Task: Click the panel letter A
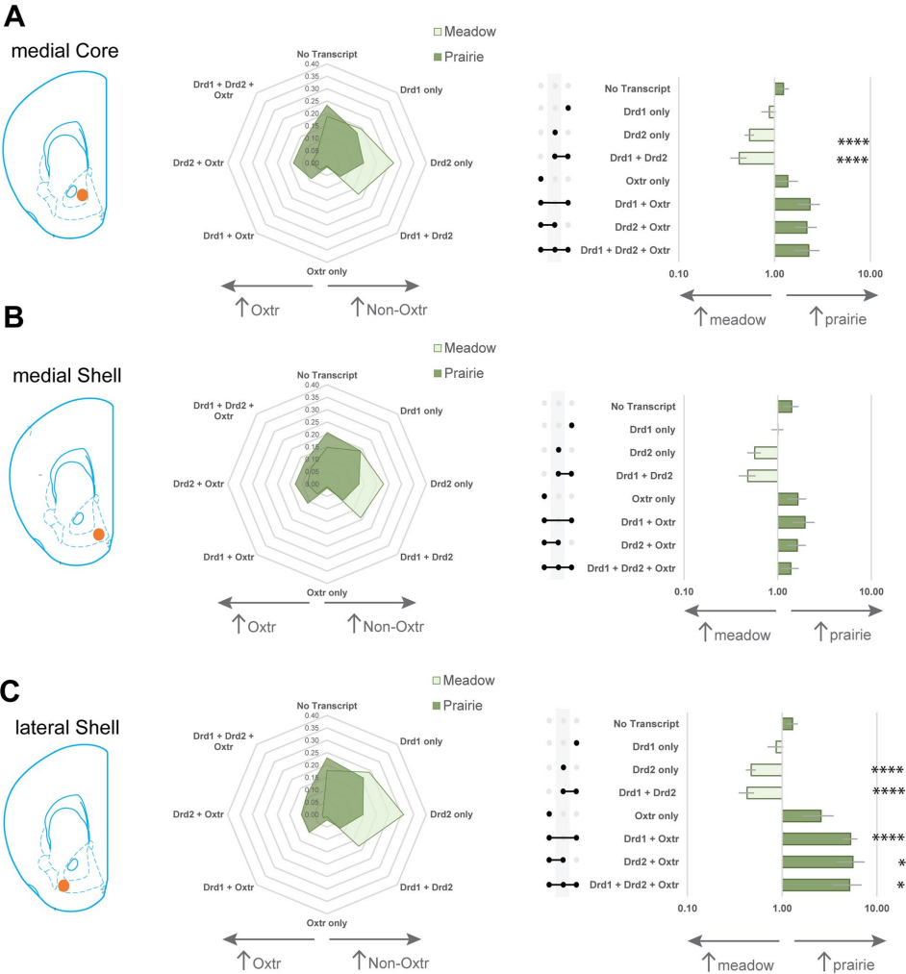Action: coord(16,16)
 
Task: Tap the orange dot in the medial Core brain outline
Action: coord(82,195)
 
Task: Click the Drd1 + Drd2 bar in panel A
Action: coord(756,158)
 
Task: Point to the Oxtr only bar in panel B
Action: coord(788,498)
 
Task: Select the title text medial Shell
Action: coord(67,375)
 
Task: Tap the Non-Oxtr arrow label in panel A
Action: coord(389,310)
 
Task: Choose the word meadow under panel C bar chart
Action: coord(743,963)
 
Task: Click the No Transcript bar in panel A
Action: coord(779,89)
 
